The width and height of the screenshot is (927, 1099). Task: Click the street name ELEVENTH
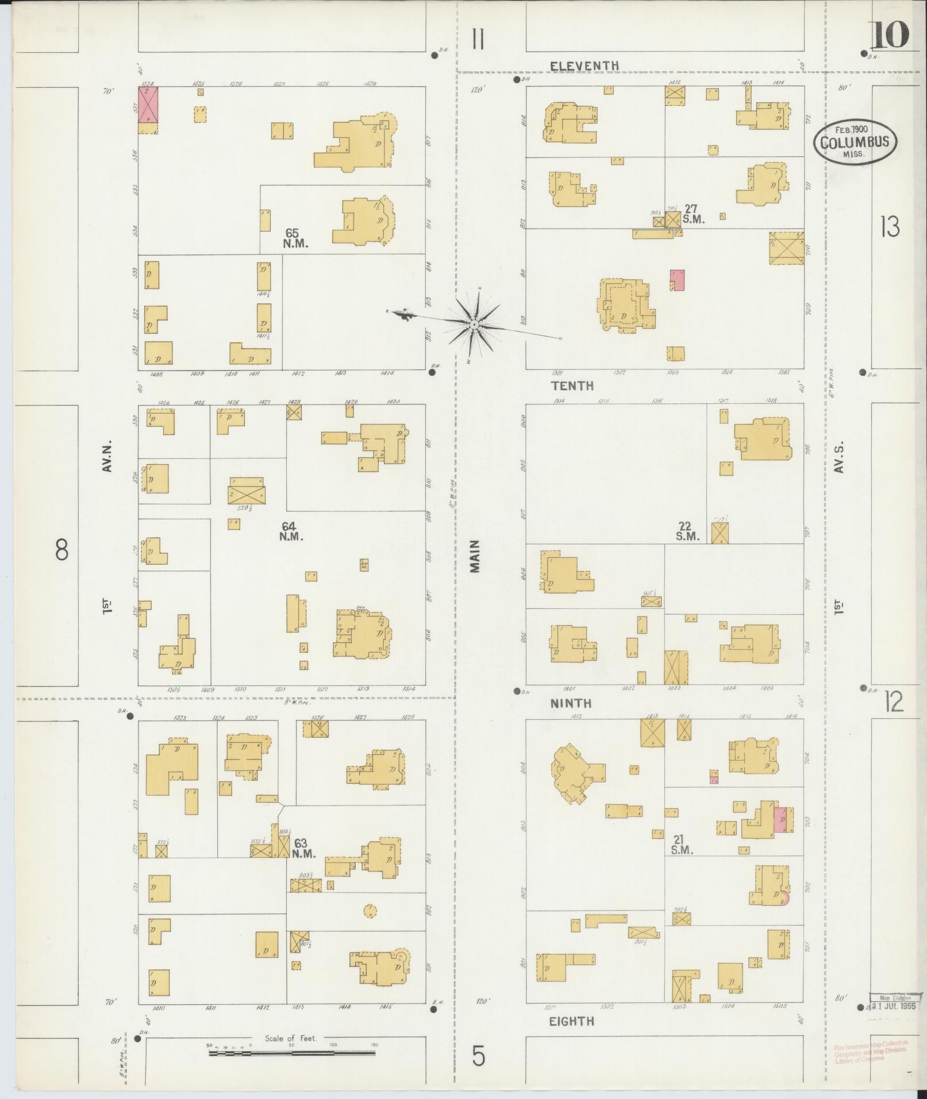pyautogui.click(x=584, y=66)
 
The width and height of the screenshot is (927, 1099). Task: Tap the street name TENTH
pyautogui.click(x=572, y=385)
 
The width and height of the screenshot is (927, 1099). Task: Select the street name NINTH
pyautogui.click(x=571, y=703)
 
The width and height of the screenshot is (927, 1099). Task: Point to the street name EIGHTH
pyautogui.click(x=571, y=1021)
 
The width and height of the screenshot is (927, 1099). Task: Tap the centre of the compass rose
pyautogui.click(x=474, y=325)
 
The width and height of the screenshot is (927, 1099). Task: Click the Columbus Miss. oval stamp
pyautogui.click(x=854, y=141)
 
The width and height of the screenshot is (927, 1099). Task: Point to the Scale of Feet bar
pyautogui.click(x=292, y=1053)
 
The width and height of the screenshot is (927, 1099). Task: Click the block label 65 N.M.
pyautogui.click(x=295, y=238)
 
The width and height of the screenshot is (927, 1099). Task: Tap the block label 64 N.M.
pyautogui.click(x=292, y=531)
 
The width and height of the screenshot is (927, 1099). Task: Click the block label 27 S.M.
pyautogui.click(x=693, y=214)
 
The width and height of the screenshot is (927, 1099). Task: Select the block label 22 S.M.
pyautogui.click(x=687, y=531)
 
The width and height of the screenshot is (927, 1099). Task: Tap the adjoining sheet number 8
pyautogui.click(x=61, y=550)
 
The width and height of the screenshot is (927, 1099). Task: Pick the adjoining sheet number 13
pyautogui.click(x=889, y=228)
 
